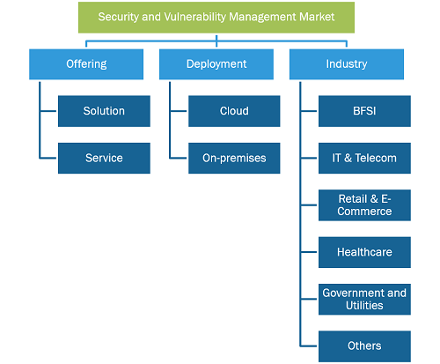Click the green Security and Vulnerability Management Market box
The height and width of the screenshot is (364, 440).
click(216, 18)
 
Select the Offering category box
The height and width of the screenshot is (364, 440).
click(86, 64)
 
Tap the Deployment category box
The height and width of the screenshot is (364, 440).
click(216, 64)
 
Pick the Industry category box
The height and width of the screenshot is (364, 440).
click(347, 64)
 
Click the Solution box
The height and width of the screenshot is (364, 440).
click(104, 111)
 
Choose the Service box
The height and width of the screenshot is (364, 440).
click(104, 158)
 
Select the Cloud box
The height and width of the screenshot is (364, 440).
click(234, 111)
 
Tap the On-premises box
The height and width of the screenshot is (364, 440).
click(234, 158)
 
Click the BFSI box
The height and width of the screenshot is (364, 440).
click(364, 111)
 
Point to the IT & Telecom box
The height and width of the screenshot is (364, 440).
click(364, 158)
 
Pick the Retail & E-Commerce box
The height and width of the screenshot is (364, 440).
click(364, 205)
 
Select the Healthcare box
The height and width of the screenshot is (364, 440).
click(364, 252)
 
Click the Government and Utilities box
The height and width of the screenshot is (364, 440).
click(364, 299)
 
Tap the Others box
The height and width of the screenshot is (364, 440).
click(364, 346)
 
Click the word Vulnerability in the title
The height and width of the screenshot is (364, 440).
click(194, 18)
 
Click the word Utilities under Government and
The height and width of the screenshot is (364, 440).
click(364, 306)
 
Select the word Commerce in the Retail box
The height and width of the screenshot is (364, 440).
click(364, 212)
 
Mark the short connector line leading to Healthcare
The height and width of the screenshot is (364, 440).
click(309, 252)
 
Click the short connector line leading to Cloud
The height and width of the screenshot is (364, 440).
click(179, 111)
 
